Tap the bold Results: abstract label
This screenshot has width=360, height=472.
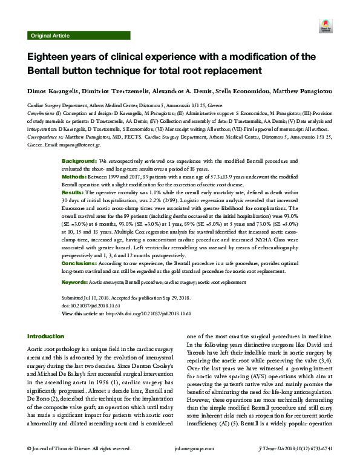[75, 191]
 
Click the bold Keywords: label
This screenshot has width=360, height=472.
[76, 283]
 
